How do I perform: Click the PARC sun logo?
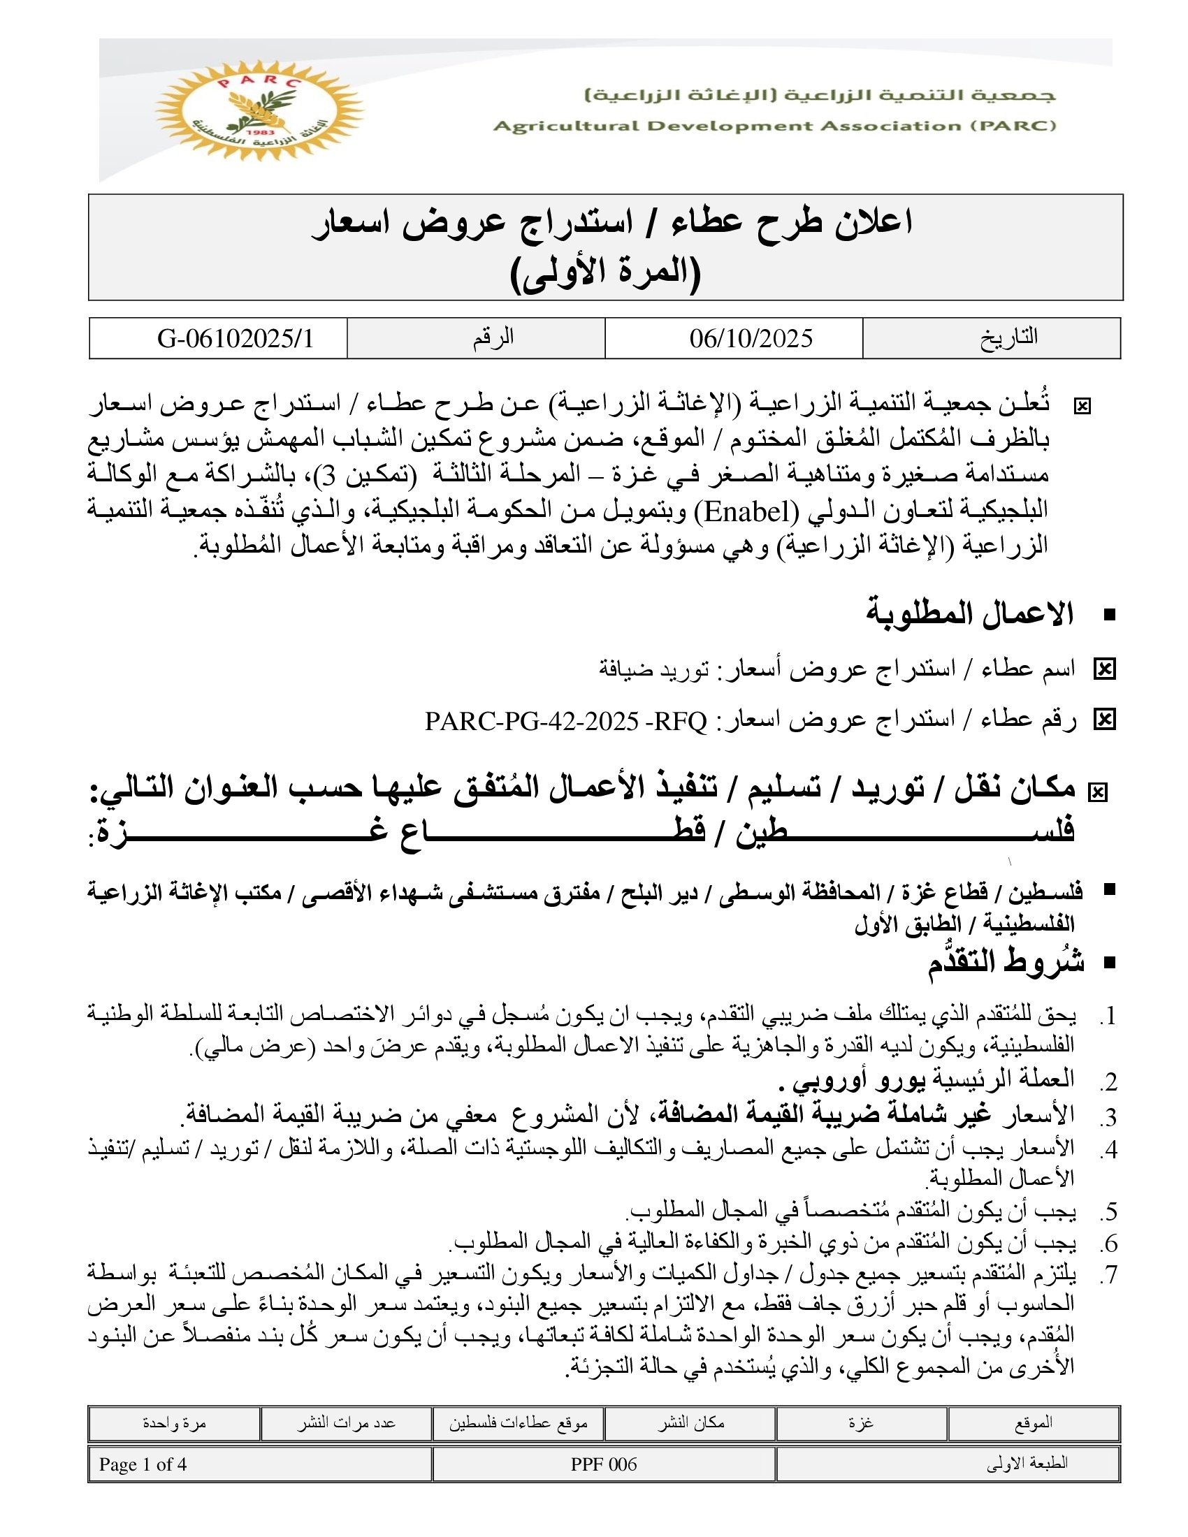click(259, 110)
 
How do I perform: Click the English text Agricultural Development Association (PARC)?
click(774, 126)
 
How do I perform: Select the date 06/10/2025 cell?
click(751, 339)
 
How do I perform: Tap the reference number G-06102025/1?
click(235, 339)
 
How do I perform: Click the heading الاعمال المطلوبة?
click(969, 613)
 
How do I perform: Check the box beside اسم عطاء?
click(1104, 669)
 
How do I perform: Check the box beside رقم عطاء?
click(1104, 720)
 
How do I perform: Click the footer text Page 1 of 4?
click(143, 1464)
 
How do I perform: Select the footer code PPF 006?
click(603, 1464)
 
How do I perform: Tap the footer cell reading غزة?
click(861, 1423)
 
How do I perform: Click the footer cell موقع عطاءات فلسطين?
click(518, 1423)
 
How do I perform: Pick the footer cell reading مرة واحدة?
click(174, 1423)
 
